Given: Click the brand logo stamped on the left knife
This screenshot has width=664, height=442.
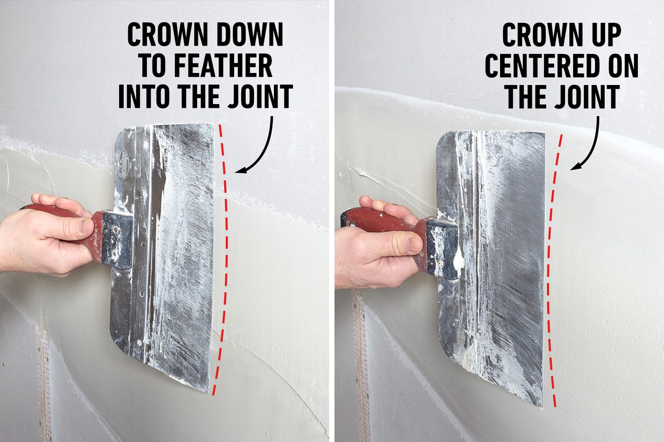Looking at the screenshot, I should tap(124, 160).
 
